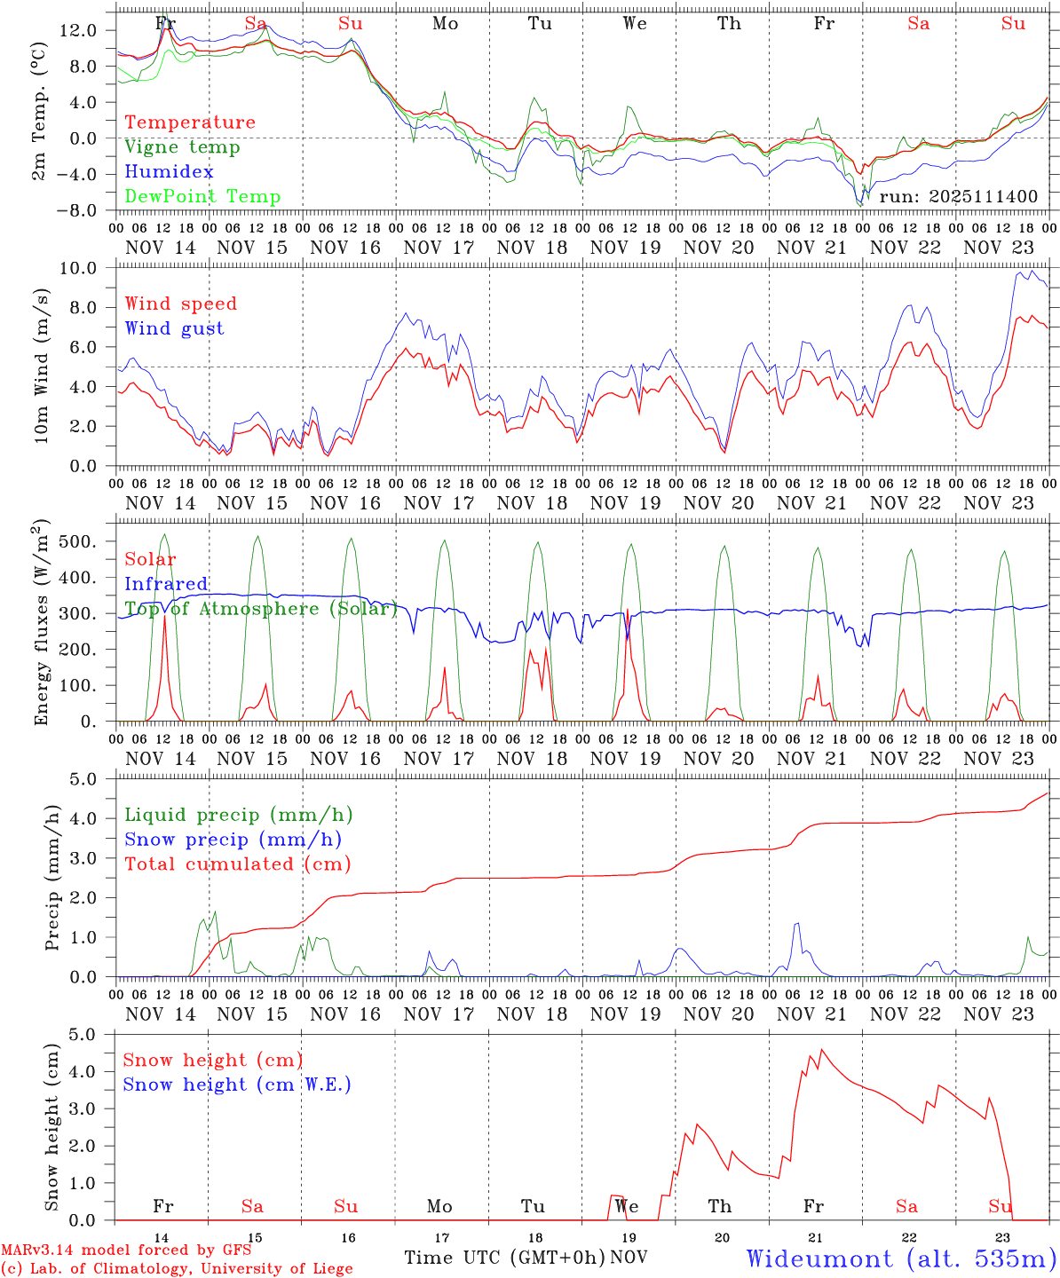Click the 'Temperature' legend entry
189,122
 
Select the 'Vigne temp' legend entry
182,147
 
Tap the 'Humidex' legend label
169,172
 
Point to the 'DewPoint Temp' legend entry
202,197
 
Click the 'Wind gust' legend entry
174,328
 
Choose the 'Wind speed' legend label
180,304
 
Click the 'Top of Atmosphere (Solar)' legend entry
260,609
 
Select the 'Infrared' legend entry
166,584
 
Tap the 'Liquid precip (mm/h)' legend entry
238,815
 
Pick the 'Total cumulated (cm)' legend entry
237,864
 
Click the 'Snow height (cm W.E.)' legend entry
236,1085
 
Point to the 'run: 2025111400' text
958,196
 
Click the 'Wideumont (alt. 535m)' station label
901,1258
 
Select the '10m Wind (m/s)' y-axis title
39,365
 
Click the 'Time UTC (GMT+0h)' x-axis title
504,1258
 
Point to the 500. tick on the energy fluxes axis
88,541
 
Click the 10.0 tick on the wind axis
88,268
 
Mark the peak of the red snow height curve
822,1050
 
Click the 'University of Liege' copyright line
177,1269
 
